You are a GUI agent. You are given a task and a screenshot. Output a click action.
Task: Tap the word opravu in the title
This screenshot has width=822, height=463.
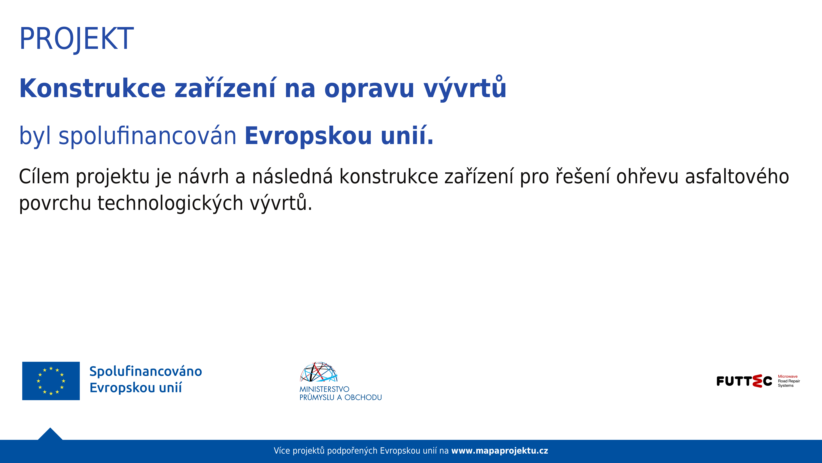pyautogui.click(x=369, y=89)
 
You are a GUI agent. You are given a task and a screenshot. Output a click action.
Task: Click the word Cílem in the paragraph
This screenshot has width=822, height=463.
pyautogui.click(x=44, y=176)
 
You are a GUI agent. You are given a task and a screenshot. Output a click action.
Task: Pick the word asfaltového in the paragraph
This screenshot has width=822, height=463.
pyautogui.click(x=737, y=176)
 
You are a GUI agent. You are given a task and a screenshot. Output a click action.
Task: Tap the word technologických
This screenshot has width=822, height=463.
pyautogui.click(x=170, y=203)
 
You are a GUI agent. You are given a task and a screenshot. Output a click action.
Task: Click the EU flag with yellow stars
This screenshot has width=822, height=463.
pyautogui.click(x=51, y=381)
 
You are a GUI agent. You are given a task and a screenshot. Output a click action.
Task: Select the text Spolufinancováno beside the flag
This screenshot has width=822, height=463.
pyautogui.click(x=146, y=371)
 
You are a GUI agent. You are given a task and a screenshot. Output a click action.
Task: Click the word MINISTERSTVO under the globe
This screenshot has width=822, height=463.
pyautogui.click(x=324, y=389)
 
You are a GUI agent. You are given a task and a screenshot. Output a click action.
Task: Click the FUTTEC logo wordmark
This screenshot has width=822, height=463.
pyautogui.click(x=744, y=381)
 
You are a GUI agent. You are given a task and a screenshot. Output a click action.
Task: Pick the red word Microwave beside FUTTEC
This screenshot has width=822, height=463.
pyautogui.click(x=787, y=376)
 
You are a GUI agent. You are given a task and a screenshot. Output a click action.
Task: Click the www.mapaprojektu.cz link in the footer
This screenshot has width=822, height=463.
pyautogui.click(x=499, y=451)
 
